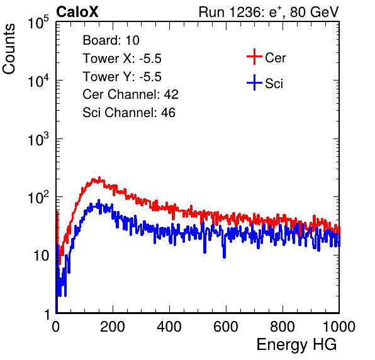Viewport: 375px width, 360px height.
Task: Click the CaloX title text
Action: tap(77, 12)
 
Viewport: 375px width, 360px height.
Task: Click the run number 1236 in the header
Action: tap(244, 12)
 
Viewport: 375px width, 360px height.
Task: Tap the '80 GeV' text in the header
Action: tap(314, 12)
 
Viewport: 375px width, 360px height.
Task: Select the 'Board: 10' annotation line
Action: tap(111, 40)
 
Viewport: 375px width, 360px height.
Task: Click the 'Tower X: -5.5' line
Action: tap(122, 59)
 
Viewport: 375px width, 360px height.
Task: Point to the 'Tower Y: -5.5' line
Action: tap(122, 77)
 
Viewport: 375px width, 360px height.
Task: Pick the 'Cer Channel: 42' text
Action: tap(130, 94)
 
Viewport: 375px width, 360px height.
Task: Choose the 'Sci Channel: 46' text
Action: tap(129, 113)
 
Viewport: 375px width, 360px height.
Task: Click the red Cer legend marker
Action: tap(254, 57)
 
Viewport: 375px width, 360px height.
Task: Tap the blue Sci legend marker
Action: tap(254, 82)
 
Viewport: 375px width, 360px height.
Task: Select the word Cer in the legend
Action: tap(275, 58)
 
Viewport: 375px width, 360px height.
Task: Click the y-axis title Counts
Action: tap(9, 48)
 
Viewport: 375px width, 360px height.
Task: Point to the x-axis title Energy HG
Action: tap(296, 345)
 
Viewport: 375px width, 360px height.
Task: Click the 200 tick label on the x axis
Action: tap(113, 327)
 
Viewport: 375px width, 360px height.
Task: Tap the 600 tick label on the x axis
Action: tap(226, 327)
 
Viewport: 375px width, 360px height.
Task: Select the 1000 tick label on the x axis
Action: tap(339, 327)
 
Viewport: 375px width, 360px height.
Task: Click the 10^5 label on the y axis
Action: tap(38, 23)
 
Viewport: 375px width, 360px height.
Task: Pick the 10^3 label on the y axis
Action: tap(38, 139)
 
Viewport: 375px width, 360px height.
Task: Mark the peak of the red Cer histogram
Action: tap(99, 178)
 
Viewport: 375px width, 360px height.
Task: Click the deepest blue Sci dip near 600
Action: tap(224, 256)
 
